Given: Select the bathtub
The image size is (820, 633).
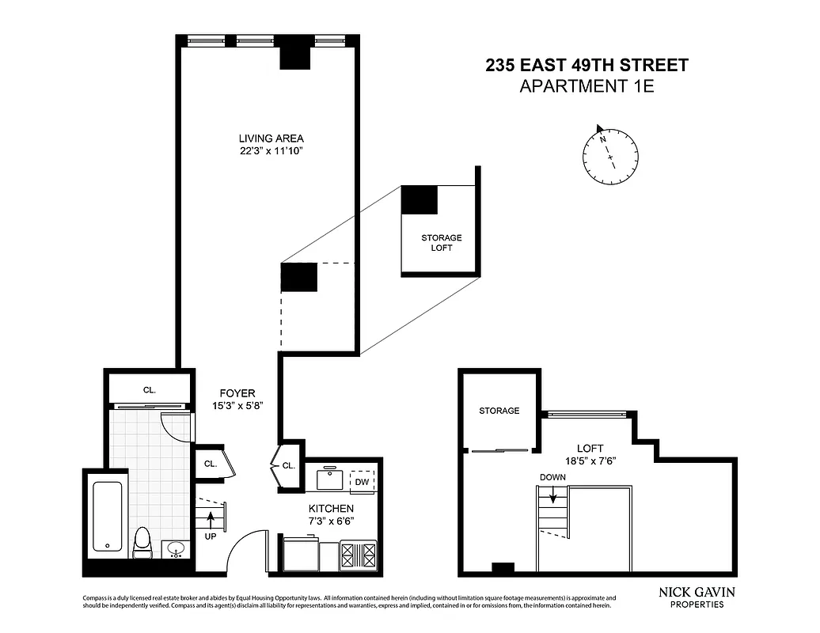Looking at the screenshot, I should coord(107,516).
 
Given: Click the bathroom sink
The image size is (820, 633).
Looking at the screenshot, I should coord(176,548).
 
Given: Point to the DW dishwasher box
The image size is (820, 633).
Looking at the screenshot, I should coord(362,481).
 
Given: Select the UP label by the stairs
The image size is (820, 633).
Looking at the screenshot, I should coord(211,536).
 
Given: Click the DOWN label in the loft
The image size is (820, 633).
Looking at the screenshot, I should coord(552,478).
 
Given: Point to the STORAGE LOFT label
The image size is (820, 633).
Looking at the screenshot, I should coord(441,243).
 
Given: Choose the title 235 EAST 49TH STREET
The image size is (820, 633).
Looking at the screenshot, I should coord(587,66).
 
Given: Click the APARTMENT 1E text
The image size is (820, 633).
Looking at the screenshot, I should coord(587,87).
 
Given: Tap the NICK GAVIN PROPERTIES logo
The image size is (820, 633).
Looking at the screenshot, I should coord(697,597).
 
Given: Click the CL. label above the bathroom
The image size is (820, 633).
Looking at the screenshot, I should coord(149,389).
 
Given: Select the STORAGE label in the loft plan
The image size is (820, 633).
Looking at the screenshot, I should coord(499,411).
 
